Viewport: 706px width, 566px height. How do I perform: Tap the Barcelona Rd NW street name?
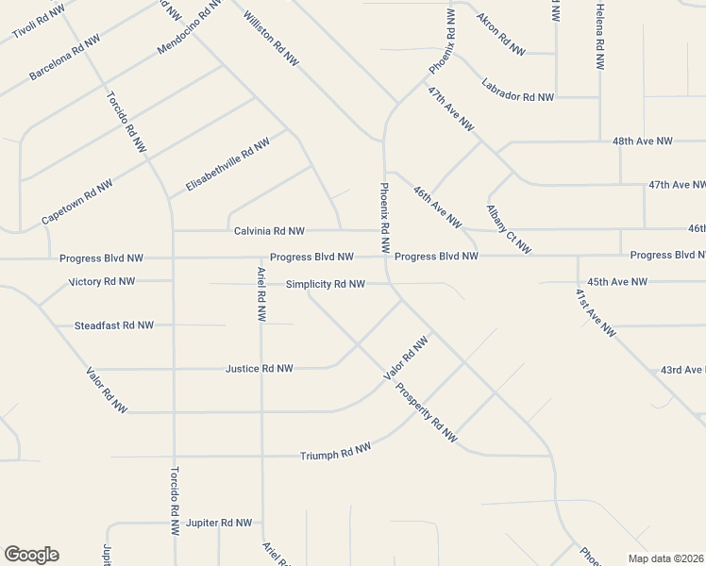[x=65, y=58]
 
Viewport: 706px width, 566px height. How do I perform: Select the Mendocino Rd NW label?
[x=190, y=26]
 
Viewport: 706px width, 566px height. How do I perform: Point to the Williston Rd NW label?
[x=271, y=38]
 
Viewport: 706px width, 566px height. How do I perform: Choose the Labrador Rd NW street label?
[x=517, y=90]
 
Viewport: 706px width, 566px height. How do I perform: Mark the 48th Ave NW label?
[x=642, y=141]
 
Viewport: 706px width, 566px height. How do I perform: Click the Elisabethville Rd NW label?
[x=227, y=165]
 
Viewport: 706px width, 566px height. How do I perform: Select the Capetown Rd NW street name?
[x=77, y=202]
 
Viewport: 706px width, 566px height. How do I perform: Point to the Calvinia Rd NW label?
[x=269, y=231]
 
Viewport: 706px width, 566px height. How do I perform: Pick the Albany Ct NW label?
[x=509, y=229]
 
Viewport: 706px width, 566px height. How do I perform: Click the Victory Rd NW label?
[x=102, y=281]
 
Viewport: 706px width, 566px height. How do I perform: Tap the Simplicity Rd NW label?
[x=325, y=284]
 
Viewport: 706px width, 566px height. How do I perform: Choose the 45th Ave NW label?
[x=617, y=281]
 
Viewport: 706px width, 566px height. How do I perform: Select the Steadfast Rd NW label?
[x=113, y=325]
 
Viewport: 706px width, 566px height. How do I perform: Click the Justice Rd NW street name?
[x=260, y=369]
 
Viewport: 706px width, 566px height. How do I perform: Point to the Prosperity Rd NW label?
[x=426, y=411]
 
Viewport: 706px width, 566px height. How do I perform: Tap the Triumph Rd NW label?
[x=335, y=454]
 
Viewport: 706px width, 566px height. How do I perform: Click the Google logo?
[x=31, y=555]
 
